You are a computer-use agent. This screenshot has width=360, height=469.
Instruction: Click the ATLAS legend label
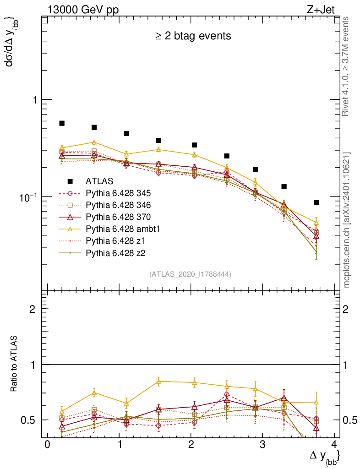99,181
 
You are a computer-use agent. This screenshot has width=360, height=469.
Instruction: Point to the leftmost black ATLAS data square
62,123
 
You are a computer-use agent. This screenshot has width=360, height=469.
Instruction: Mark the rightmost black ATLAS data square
316,202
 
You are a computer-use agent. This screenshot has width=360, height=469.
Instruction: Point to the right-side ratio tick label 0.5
349,420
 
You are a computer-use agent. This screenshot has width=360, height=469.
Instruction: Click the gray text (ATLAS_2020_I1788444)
190,274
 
